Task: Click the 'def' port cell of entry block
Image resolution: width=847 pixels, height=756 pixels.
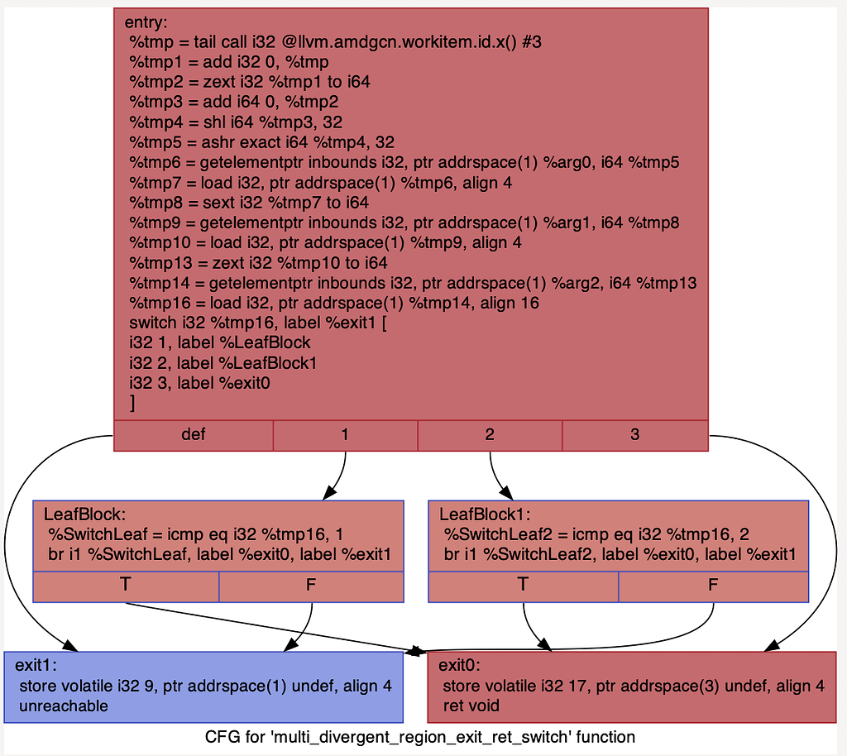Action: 193,435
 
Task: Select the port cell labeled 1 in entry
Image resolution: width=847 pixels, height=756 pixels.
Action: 344,435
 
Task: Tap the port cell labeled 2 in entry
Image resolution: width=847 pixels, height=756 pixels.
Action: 490,435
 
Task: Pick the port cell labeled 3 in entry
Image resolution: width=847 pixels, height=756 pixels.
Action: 634,435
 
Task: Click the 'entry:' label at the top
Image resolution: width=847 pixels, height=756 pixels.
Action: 146,22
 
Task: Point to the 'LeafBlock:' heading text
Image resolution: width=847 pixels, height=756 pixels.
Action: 84,514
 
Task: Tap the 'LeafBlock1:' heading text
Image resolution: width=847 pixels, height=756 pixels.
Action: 485,514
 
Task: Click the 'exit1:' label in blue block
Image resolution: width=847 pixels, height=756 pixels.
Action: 36,665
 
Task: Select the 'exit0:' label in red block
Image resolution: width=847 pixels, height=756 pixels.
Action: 459,665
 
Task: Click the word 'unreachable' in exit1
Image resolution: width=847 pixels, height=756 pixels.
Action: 63,706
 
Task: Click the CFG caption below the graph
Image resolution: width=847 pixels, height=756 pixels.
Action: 419,737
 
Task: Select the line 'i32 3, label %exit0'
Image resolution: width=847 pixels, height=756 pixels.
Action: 199,384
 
